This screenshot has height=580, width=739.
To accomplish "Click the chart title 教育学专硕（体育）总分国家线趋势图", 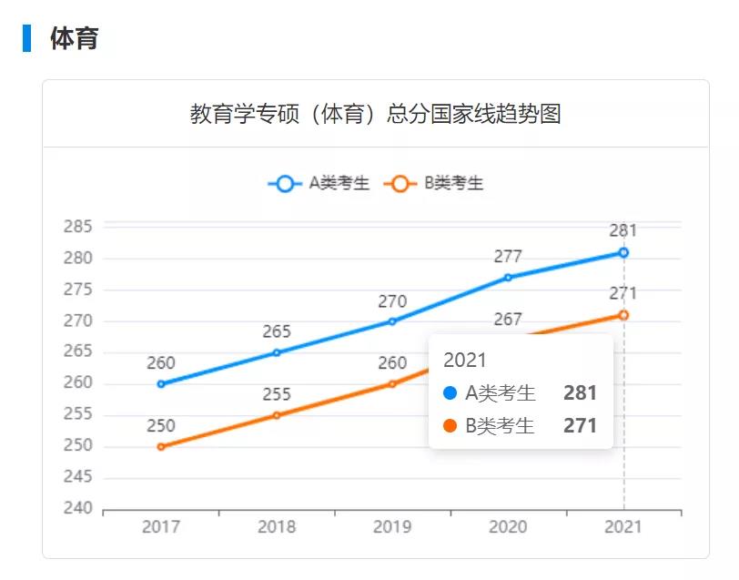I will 375,115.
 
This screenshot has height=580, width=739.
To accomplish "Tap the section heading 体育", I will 74,38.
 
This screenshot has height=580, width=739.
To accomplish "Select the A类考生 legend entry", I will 319,183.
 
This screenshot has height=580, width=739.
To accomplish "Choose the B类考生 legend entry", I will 434,183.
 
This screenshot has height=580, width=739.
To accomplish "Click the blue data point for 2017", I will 161,383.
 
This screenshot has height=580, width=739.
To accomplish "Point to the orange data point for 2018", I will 277,415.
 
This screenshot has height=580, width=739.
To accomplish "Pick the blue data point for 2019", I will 392,321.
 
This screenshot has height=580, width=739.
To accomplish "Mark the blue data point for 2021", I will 623,252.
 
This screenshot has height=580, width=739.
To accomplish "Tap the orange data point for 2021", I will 623,315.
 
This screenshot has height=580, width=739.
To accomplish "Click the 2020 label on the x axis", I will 508,526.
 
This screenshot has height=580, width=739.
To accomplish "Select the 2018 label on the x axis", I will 277,526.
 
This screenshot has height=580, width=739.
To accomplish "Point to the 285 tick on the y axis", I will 78,227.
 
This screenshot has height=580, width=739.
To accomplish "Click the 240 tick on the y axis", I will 78,508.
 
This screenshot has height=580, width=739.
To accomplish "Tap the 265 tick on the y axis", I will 78,351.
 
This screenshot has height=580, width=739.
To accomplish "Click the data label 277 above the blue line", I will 508,257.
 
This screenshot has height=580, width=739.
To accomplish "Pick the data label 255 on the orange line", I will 277,394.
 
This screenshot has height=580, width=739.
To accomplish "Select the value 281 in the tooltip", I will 580,393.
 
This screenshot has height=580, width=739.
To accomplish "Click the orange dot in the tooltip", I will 450,425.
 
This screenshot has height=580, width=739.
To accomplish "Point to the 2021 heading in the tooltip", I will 465,360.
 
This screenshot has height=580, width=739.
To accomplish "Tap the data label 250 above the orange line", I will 161,425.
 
